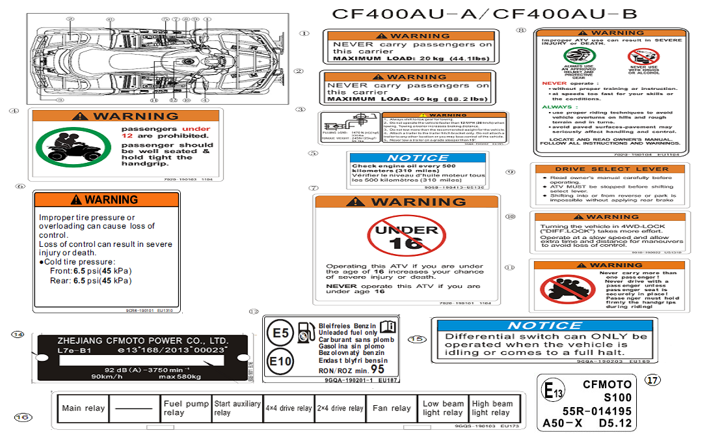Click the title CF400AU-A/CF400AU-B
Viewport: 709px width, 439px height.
coord(485,14)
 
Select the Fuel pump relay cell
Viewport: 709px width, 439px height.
coord(186,408)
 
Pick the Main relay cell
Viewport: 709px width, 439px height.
coord(83,408)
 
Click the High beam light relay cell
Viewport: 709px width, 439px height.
coord(492,408)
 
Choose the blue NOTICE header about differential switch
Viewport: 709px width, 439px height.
coord(544,325)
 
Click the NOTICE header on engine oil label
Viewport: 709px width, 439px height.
coord(418,158)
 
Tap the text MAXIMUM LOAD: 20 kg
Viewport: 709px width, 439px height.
coord(384,59)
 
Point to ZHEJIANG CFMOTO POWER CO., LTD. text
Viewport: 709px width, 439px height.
coord(142,340)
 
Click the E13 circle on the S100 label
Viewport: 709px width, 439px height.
coord(553,391)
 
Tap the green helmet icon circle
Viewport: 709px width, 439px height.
coord(578,57)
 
